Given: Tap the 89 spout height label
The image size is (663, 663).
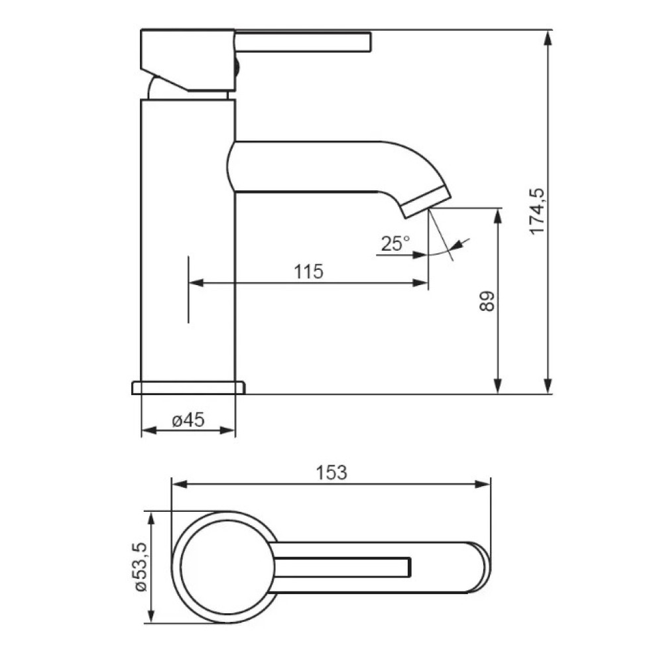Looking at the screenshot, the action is coord(487,301).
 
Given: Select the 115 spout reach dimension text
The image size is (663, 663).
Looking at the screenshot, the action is coord(309,271).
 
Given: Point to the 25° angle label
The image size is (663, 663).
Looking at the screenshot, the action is coord(395,243).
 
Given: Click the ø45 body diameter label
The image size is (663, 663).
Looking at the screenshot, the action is coord(188,420).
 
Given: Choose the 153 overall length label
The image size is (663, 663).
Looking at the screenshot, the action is coord(331,473).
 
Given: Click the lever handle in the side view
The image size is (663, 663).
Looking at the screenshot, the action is coord(303,41).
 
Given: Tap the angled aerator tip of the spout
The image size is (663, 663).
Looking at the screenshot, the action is coord(426,202).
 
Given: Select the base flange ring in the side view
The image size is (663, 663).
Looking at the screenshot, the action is coord(188,388).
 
